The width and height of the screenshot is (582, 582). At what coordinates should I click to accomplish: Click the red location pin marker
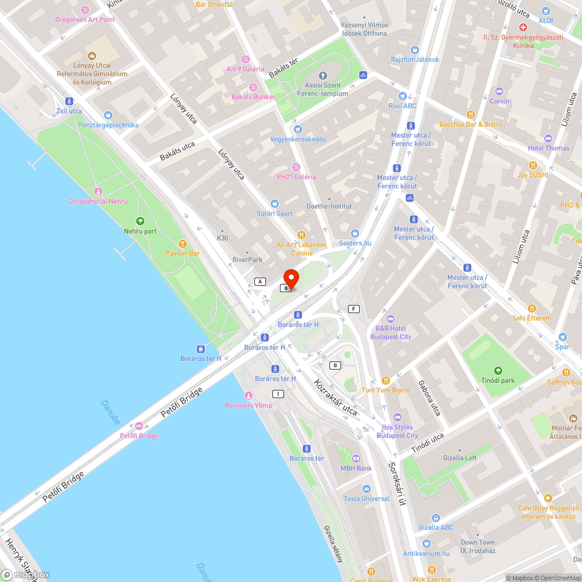click(x=290, y=278)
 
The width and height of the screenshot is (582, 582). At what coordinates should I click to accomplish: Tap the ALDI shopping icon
click(x=545, y=10)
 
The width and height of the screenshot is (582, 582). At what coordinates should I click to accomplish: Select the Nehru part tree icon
click(x=140, y=221)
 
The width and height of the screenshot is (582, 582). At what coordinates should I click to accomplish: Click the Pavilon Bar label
click(x=183, y=254)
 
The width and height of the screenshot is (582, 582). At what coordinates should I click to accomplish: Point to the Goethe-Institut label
click(x=329, y=206)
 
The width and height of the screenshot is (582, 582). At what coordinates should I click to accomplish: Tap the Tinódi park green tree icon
click(x=498, y=371)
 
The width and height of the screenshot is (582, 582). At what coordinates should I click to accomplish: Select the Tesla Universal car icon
click(x=366, y=489)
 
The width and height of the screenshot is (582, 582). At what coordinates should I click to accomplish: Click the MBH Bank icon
click(x=356, y=459)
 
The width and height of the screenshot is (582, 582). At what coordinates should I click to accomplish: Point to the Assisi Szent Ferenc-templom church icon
click(x=324, y=76)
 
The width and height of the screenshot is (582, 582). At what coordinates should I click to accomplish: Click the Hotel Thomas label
click(x=548, y=148)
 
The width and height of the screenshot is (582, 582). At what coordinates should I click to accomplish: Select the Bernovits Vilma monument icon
click(x=249, y=396)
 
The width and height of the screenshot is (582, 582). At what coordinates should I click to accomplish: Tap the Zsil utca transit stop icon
click(x=69, y=101)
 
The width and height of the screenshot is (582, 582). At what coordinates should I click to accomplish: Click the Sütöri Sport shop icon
click(x=275, y=204)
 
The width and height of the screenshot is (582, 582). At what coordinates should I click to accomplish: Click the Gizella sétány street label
click(x=333, y=544)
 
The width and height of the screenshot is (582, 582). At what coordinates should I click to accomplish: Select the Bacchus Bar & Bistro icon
click(x=471, y=115)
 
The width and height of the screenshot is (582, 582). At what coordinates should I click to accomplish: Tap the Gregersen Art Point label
click(x=85, y=19)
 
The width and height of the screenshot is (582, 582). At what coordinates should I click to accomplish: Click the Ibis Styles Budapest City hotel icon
click(x=397, y=417)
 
